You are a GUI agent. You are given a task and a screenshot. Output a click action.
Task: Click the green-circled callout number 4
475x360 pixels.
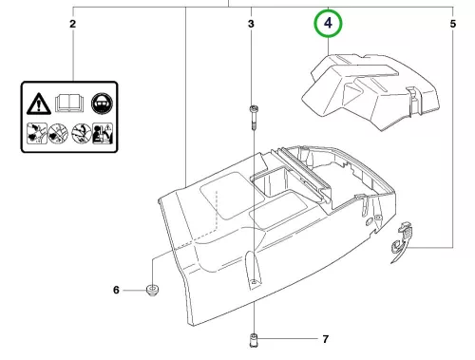(x=328, y=23)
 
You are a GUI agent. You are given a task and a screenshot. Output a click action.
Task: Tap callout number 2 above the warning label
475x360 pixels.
(x=73, y=24)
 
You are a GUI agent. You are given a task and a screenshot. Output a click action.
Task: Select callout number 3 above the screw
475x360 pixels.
(x=251, y=24)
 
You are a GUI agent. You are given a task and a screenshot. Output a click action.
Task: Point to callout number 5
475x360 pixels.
(x=453, y=24)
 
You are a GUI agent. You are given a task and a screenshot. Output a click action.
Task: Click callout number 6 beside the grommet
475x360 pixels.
(x=116, y=290)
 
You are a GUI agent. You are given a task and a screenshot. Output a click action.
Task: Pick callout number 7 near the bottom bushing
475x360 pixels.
(x=326, y=339)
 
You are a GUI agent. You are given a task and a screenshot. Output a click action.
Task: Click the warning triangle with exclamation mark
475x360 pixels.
(x=39, y=104)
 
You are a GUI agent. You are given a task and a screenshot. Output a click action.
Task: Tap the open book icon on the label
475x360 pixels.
(x=70, y=103)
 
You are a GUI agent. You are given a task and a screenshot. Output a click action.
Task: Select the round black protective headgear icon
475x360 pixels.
(x=102, y=104)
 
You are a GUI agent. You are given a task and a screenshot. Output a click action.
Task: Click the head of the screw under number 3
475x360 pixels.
(x=254, y=109)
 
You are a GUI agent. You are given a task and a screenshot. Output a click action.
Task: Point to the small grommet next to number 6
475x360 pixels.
(x=152, y=290)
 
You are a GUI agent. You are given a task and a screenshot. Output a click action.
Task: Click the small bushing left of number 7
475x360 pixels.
(x=254, y=340)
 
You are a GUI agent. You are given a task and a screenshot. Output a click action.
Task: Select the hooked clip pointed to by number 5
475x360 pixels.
(x=401, y=242)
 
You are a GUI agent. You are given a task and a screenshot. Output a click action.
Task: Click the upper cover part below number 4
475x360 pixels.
(x=370, y=92)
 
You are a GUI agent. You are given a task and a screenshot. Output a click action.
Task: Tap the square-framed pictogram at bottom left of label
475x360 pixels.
(x=37, y=134)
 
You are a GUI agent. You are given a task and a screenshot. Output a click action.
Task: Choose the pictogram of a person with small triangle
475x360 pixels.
(x=103, y=134)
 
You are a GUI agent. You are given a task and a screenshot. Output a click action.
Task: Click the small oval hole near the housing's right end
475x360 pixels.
(x=370, y=221)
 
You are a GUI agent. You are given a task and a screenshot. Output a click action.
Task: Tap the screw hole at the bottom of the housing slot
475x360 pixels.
(x=254, y=281)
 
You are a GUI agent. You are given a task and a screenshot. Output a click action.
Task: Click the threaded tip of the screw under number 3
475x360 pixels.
(x=254, y=126)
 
